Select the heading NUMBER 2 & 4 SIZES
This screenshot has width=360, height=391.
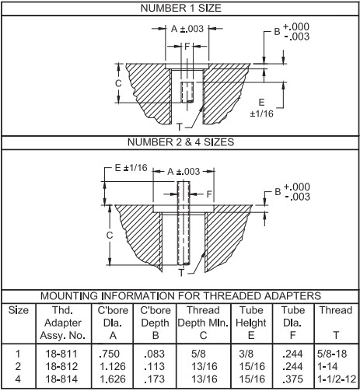tap(180, 142)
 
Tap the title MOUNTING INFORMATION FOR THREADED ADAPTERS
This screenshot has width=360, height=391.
tap(180, 296)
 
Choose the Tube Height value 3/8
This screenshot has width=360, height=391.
tap(246, 354)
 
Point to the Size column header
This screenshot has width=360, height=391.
tap(19, 309)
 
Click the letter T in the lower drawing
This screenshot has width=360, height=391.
tap(180, 272)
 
